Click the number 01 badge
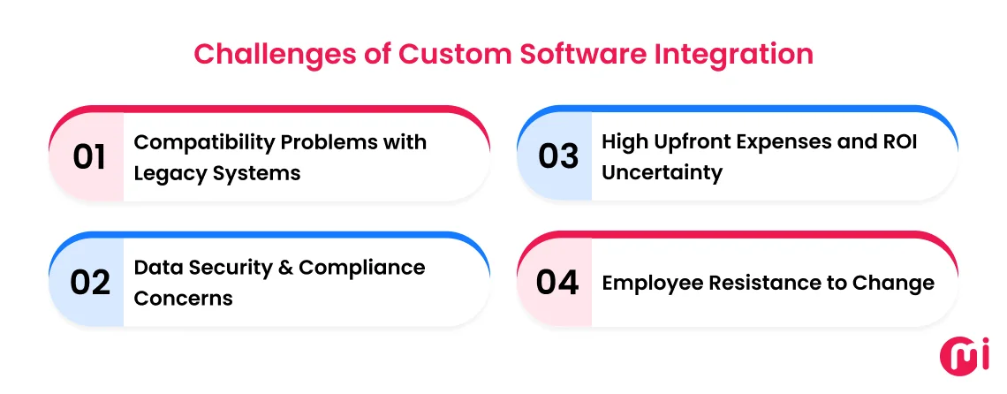88,157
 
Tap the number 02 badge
88,283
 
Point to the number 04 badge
558,283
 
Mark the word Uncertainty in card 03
662,173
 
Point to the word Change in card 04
894,283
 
